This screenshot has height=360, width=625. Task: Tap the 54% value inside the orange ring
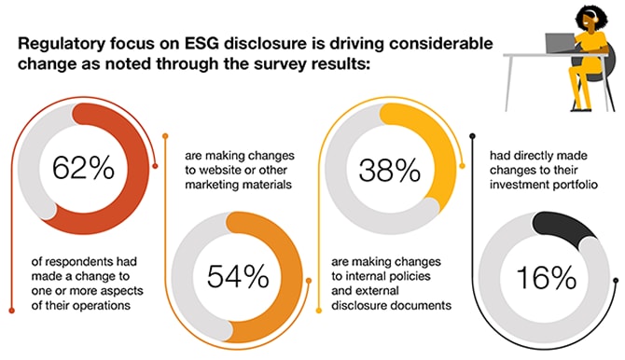[x=238, y=276]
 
